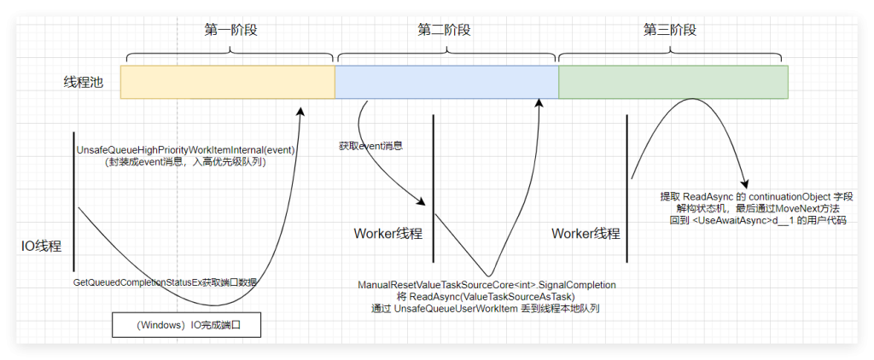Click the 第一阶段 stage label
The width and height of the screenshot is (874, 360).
pos(230,29)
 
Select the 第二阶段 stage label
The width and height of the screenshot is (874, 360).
pos(444,29)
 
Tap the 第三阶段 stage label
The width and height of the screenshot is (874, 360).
pos(670,29)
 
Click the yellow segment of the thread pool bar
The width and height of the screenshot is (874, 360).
pos(227,82)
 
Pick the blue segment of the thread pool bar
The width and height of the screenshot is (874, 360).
pos(446,82)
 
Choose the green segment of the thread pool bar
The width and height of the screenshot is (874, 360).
pos(673,82)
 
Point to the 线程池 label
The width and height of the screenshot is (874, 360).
pos(85,83)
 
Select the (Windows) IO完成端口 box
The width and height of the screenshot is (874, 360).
pos(185,326)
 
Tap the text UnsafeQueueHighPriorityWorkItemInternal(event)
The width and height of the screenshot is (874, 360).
pos(185,149)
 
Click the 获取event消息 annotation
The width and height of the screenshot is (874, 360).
pos(370,146)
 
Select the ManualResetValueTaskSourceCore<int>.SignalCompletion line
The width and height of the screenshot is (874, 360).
pos(487,283)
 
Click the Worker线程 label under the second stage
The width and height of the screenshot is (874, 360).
pos(387,234)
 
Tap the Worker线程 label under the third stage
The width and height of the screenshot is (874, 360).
pos(586,234)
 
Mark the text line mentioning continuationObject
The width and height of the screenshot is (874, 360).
pos(756,196)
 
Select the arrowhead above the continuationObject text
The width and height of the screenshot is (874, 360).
pos(746,184)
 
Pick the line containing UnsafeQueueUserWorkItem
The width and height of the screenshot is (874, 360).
pos(487,308)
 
